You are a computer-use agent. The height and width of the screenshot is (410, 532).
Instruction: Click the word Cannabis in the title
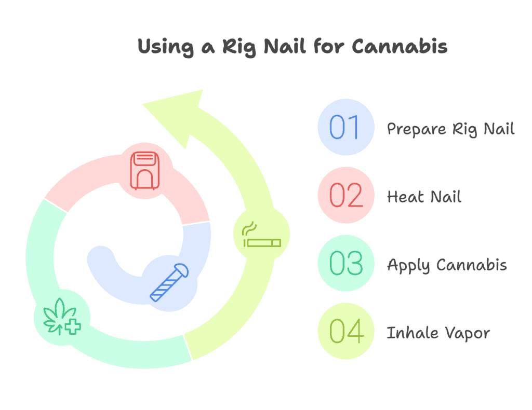tap(400, 46)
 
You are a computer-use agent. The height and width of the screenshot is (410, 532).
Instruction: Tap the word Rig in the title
tap(239, 47)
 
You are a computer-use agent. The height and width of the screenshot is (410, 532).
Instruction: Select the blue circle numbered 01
tap(345, 127)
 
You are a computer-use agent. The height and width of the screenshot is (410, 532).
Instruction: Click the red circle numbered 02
tap(345, 195)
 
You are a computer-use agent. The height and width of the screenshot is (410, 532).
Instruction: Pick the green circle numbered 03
tap(345, 263)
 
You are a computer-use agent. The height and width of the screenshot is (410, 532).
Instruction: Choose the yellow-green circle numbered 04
tap(345, 331)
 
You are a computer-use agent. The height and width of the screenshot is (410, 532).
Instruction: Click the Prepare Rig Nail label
tap(450, 129)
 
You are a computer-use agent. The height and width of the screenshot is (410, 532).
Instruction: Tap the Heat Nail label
tap(424, 197)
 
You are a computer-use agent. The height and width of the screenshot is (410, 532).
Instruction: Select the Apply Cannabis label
tap(447, 265)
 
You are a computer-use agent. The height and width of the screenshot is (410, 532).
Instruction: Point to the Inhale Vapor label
tap(438, 333)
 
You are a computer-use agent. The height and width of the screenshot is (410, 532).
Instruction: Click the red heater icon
tap(145, 170)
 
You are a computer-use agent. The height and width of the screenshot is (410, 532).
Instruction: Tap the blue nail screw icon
tap(169, 282)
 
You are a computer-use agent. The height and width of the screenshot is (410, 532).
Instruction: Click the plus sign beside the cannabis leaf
tap(73, 326)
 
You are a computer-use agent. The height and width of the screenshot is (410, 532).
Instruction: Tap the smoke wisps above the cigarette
tap(249, 229)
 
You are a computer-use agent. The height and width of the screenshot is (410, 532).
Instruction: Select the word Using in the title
tap(166, 47)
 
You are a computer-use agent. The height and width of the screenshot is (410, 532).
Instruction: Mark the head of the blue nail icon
tap(181, 270)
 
